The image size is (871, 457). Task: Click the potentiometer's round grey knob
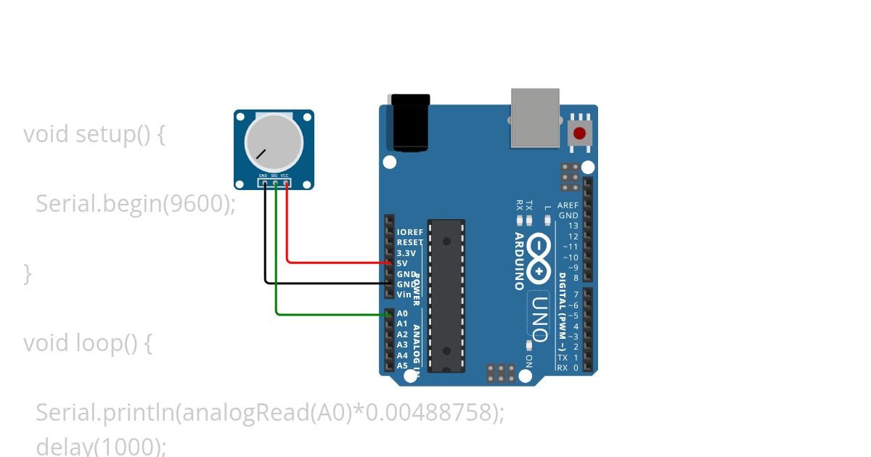point(274,141)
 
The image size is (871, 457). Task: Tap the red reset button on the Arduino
point(579,133)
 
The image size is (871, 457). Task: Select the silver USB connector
point(535,117)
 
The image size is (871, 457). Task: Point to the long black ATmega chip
point(446,295)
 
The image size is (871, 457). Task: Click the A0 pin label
point(402,314)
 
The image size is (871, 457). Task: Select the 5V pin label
point(402,263)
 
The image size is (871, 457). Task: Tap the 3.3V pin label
point(406,253)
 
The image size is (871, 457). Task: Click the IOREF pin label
point(410,232)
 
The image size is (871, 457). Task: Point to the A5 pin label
point(402,366)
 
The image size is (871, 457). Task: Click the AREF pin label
point(568,205)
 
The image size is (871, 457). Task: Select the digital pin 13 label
point(573,226)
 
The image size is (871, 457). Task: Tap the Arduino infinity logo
point(539,258)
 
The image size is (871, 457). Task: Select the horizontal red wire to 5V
point(338,262)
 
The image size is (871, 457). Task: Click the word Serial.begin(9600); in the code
point(136,204)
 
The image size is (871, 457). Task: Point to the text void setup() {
point(94,134)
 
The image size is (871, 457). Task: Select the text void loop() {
point(88,342)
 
